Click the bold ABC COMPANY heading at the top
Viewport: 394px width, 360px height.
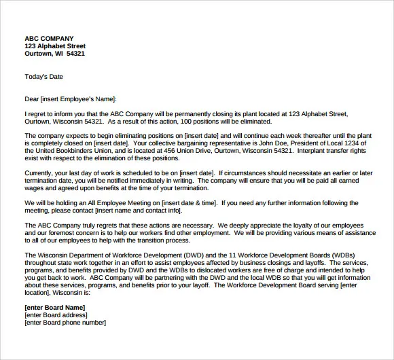[x=49, y=38]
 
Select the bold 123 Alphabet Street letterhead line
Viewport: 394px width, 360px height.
[x=55, y=46]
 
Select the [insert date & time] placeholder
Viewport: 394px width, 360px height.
[x=191, y=202]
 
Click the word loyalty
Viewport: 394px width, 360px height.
[x=302, y=225]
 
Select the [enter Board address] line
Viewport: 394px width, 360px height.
[x=56, y=315]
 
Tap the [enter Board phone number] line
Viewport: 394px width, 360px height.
[x=65, y=323]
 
